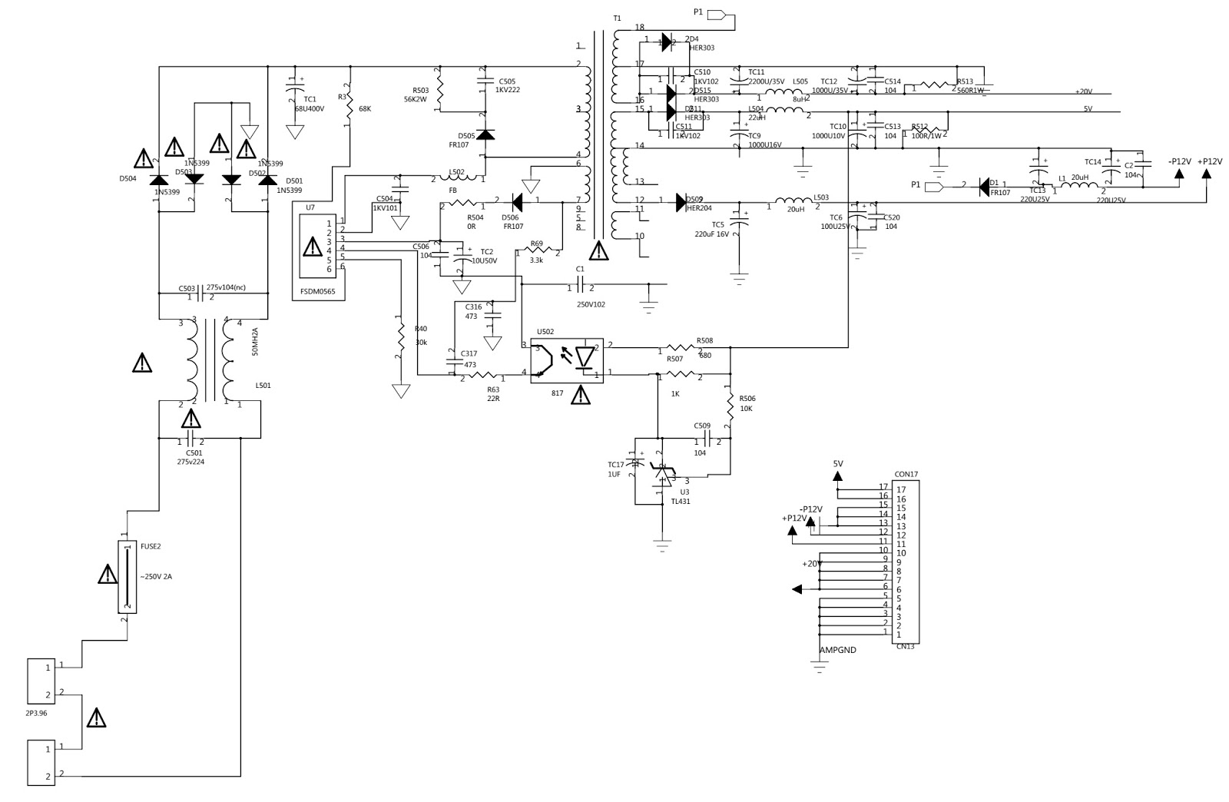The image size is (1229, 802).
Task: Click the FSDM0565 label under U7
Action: [x=320, y=292]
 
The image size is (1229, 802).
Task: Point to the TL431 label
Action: [x=681, y=502]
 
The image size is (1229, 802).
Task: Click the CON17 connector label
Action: [x=906, y=474]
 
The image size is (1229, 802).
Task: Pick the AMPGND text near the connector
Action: [x=838, y=650]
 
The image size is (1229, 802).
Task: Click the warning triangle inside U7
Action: [x=312, y=247]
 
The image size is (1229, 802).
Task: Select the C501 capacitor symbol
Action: [x=191, y=441]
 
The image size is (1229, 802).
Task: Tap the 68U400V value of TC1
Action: [x=310, y=108]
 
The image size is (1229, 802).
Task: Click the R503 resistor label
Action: [x=420, y=90]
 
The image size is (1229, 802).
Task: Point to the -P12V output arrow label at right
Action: [x=1180, y=161]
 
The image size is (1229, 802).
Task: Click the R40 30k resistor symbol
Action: [x=400, y=336]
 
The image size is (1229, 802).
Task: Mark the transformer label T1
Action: [x=618, y=18]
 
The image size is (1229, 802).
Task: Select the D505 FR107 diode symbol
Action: [x=485, y=134]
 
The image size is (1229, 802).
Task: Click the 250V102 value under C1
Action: [x=591, y=304]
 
